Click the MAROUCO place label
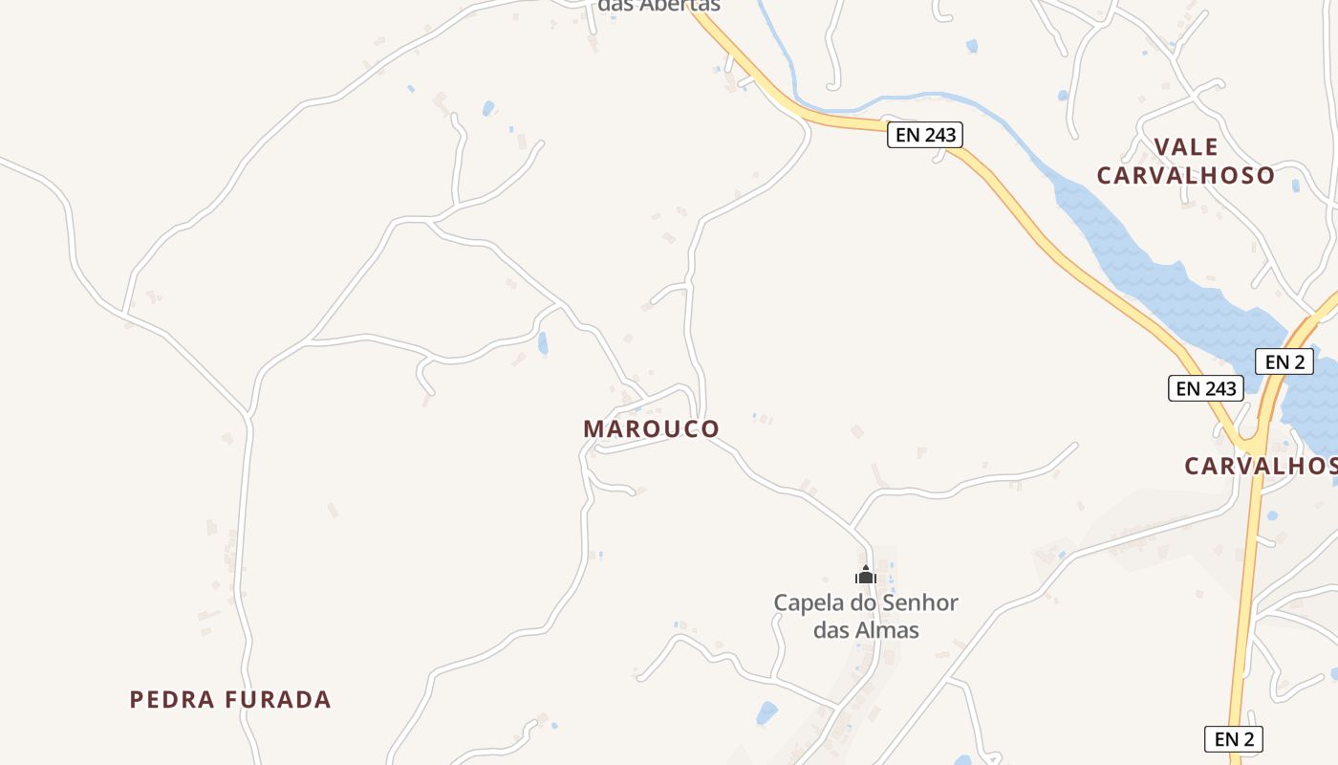pos(651,428)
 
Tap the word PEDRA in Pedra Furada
pos(173,699)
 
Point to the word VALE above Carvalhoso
pos(1186,147)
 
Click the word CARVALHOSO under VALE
pos(1186,176)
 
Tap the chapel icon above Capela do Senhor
pos(866,575)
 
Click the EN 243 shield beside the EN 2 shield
pos(1206,388)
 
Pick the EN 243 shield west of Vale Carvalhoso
pos(925,135)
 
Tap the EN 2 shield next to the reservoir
pos(1284,361)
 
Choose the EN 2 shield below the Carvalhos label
pos(1234,738)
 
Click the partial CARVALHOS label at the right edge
pos(1261,466)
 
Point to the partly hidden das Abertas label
pos(658,6)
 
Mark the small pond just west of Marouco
pos(543,343)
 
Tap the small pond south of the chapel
pos(766,712)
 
